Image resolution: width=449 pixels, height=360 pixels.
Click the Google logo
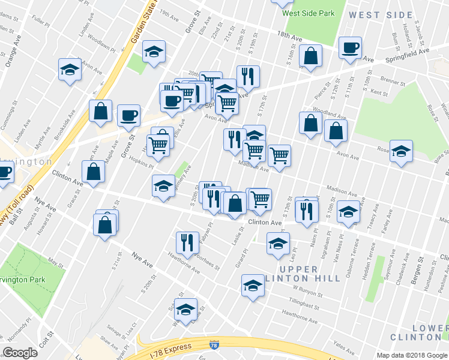pyautogui.click(x=20, y=352)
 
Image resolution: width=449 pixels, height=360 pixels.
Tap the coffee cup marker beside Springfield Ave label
pyautogui.click(x=349, y=48)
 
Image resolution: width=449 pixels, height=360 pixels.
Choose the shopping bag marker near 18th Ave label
pyautogui.click(x=310, y=56)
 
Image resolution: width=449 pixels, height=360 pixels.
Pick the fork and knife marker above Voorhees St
pyautogui.click(x=187, y=242)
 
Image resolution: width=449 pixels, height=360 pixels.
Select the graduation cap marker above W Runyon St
pyautogui.click(x=253, y=285)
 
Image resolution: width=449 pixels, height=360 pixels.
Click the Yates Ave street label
pyautogui.click(x=344, y=346)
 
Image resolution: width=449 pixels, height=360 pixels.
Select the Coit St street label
pyautogui.click(x=43, y=347)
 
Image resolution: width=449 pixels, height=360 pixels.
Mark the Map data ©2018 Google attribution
pyautogui.click(x=412, y=355)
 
